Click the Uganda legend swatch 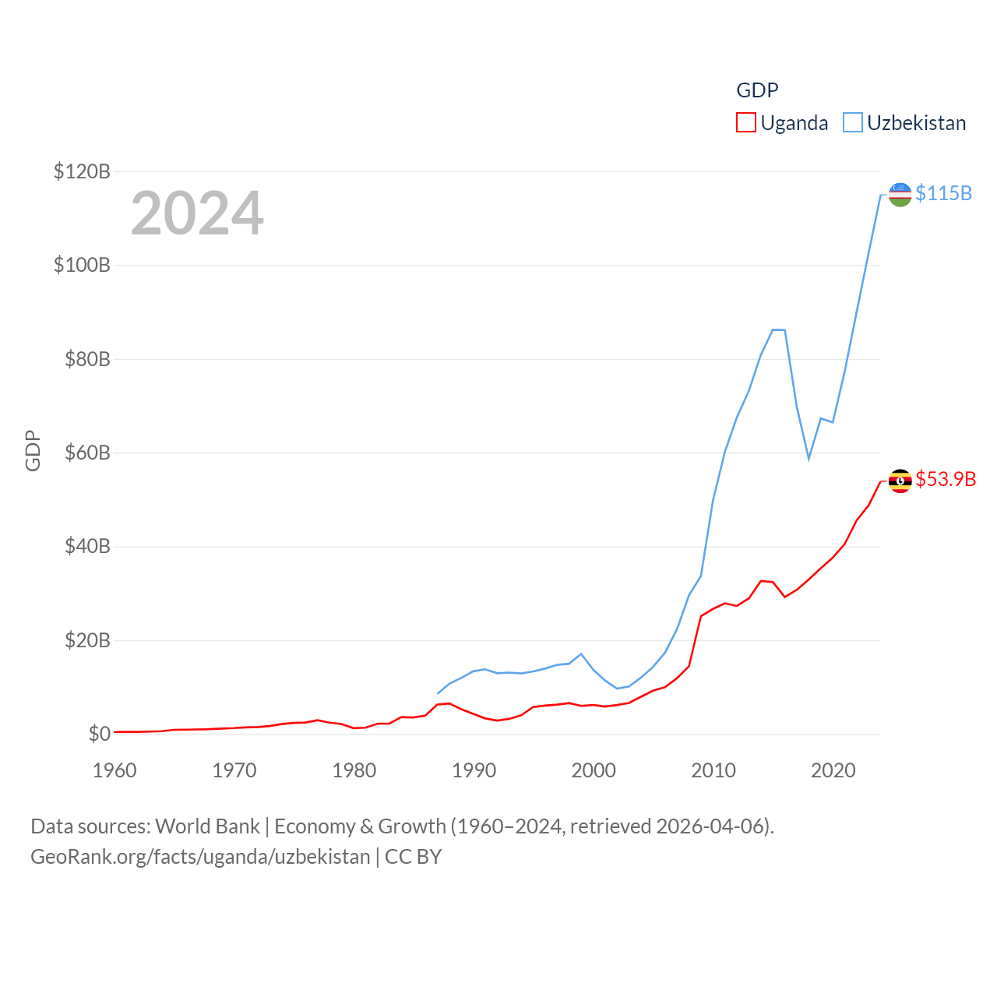click(x=745, y=123)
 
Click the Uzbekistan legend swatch click(x=853, y=123)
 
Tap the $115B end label click(x=943, y=193)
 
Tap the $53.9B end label click(x=946, y=479)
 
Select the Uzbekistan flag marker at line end click(x=900, y=195)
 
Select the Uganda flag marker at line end click(x=900, y=481)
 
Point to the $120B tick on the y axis click(x=82, y=171)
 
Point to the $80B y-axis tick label click(x=86, y=359)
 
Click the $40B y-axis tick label click(x=86, y=546)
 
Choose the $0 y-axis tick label click(x=99, y=734)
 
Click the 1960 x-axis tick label click(x=114, y=770)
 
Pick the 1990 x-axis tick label click(x=474, y=770)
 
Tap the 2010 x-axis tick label click(x=713, y=770)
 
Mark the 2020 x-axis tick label click(x=833, y=770)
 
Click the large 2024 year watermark click(x=197, y=213)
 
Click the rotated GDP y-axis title click(x=33, y=451)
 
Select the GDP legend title click(x=757, y=90)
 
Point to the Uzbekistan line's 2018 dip click(x=809, y=458)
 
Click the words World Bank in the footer click(x=207, y=826)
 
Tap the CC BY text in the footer click(x=413, y=857)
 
